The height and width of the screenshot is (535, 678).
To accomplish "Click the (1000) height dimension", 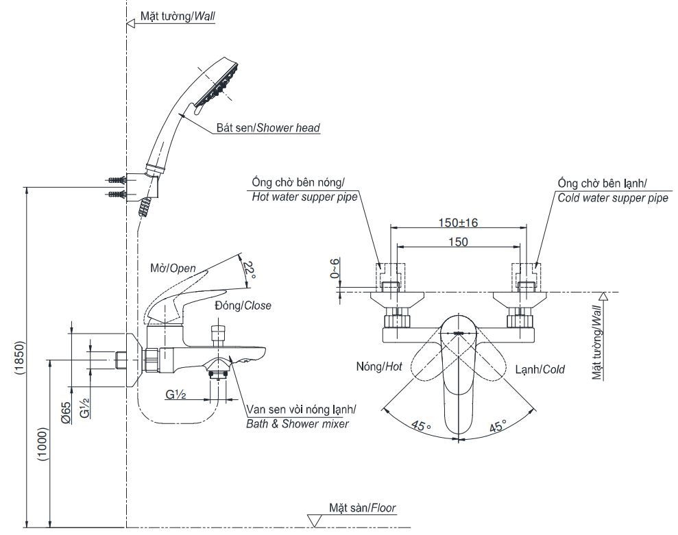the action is [x=44, y=445].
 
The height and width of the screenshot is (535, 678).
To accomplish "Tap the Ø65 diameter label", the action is [x=65, y=412].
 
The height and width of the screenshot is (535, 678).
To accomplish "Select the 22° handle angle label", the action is [x=250, y=270].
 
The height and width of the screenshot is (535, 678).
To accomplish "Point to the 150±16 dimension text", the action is [x=458, y=223].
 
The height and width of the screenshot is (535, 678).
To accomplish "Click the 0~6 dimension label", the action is [x=335, y=268].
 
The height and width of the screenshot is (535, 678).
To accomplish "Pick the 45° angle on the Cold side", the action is [x=497, y=425].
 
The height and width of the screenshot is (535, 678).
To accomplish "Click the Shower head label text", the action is [x=289, y=128].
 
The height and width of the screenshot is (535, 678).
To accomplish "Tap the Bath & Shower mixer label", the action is [x=298, y=424].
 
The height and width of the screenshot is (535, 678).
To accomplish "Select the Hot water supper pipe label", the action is [x=305, y=197].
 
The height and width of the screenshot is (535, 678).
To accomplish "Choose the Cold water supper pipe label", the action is [x=613, y=198].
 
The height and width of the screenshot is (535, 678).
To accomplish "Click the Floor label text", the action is [x=383, y=508].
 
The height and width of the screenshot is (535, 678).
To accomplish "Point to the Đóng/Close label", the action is [x=243, y=306].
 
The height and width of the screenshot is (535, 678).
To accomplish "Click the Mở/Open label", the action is [x=173, y=268].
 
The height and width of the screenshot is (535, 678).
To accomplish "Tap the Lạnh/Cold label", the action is [x=540, y=369].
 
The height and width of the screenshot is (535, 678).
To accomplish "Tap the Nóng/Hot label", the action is [x=379, y=367].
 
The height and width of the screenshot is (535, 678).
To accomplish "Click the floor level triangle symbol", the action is [x=315, y=521].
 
